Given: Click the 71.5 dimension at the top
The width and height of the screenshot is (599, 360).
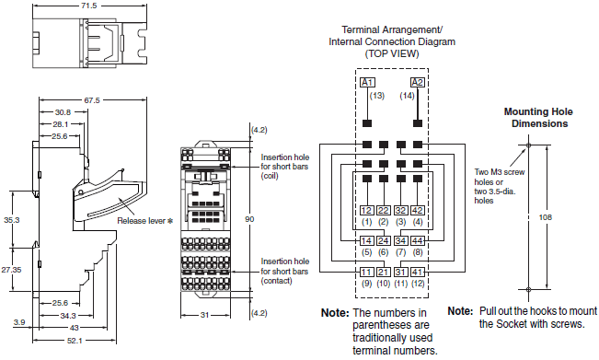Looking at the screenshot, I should (x=88, y=6).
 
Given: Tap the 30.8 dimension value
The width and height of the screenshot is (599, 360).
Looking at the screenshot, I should (x=62, y=112).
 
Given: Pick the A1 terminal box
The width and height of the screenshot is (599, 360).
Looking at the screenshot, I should (x=366, y=83).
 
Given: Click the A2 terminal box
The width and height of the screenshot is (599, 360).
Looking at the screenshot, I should (x=418, y=83).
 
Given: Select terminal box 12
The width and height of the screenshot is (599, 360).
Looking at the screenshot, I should (x=366, y=211).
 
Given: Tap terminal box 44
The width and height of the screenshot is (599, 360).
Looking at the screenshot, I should (x=418, y=241).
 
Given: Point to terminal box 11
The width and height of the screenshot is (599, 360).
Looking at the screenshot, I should (x=366, y=272).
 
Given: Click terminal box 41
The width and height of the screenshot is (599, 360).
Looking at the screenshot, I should (x=418, y=272).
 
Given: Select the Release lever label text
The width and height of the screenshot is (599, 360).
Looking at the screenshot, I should (x=147, y=222).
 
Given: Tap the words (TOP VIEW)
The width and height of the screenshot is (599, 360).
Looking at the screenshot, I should (x=392, y=54).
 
